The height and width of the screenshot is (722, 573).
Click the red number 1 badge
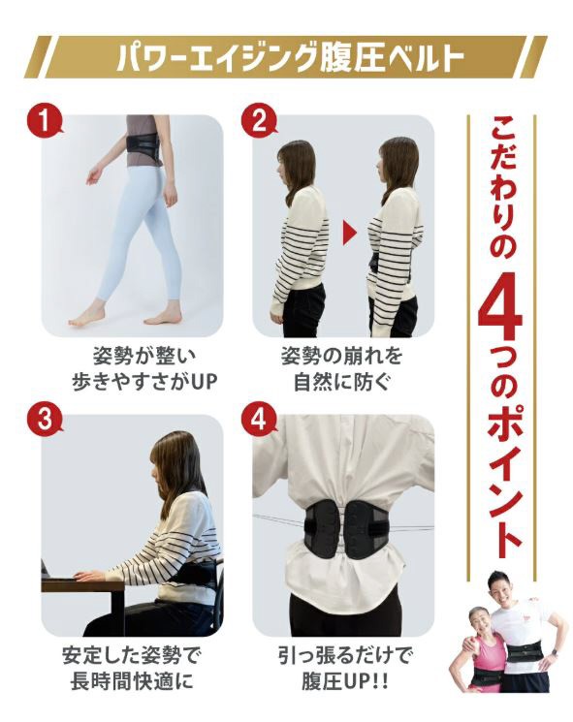44,121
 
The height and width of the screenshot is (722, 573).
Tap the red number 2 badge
259,121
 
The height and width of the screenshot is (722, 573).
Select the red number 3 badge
44,419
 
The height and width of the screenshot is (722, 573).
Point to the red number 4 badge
259,419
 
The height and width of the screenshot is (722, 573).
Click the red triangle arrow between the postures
350,234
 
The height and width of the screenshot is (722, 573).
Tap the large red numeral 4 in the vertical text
500,310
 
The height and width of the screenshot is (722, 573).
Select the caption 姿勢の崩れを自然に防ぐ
342,369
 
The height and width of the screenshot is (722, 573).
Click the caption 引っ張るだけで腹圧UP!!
343,668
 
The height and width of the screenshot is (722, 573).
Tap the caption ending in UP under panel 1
144,369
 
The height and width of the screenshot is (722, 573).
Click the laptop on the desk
46,570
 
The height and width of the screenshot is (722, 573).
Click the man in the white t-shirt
521,636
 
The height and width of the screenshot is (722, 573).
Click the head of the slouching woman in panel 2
295,164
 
